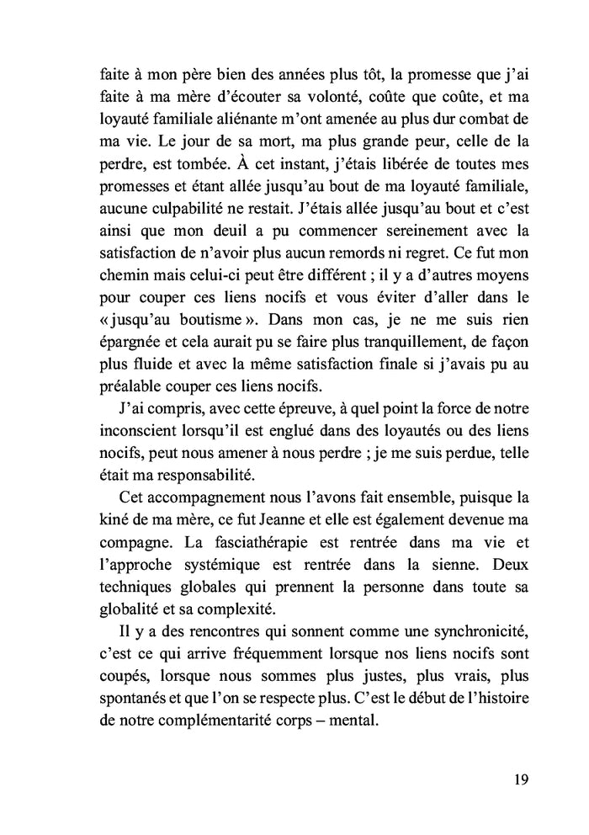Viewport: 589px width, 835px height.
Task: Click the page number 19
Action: point(519,779)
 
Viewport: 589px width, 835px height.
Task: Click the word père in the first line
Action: point(200,72)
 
